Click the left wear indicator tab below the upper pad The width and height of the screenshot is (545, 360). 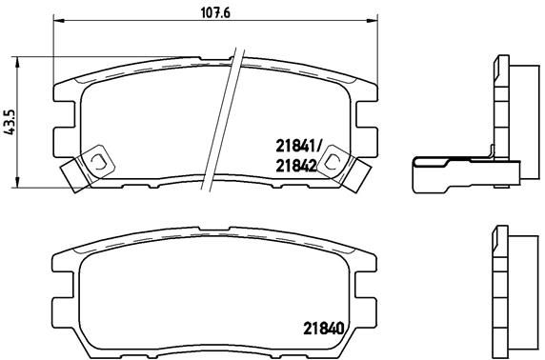(71, 175)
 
